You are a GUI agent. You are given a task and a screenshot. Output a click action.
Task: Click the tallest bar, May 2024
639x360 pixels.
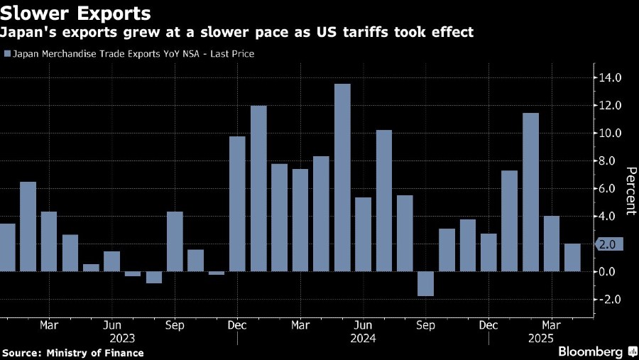pos(342,178)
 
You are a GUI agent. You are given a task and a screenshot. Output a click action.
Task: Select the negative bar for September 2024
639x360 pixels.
pos(425,283)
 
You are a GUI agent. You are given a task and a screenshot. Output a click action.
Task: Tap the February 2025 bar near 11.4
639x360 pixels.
pos(530,192)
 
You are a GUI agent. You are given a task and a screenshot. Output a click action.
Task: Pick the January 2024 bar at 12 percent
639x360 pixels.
pos(258,188)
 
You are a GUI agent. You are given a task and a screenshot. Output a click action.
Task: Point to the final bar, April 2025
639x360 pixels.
pos(572,258)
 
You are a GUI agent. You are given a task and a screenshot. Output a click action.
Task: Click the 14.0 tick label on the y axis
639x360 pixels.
pos(609,77)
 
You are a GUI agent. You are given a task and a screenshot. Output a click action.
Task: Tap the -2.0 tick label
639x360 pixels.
pos(609,300)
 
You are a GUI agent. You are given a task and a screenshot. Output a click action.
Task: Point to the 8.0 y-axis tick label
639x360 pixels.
pos(611,161)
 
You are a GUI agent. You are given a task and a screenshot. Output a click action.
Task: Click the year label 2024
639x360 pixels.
pos(363,339)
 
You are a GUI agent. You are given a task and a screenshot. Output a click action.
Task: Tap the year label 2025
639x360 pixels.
pos(541,339)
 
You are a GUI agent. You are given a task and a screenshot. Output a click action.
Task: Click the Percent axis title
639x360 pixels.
pos(629,190)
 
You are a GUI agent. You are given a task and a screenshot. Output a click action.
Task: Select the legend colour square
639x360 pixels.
pos(7,54)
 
